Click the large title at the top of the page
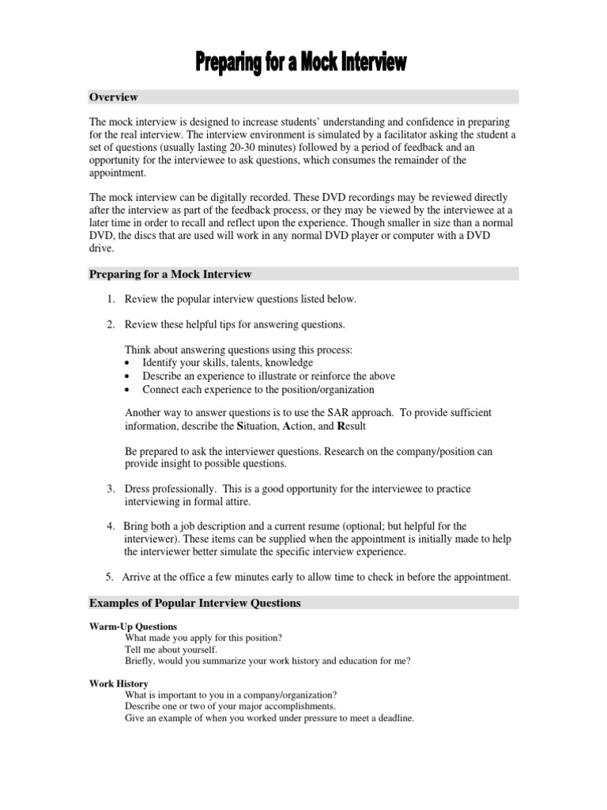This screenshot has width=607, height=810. click(303, 64)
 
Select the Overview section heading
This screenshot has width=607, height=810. click(113, 97)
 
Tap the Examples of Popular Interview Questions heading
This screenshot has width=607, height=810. click(194, 603)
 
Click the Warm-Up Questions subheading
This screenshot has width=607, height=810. click(132, 626)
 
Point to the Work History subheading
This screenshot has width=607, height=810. click(118, 683)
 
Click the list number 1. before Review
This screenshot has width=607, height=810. click(111, 300)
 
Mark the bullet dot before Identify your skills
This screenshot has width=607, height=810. click(129, 363)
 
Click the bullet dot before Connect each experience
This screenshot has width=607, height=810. click(129, 390)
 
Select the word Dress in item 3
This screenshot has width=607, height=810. click(139, 490)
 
